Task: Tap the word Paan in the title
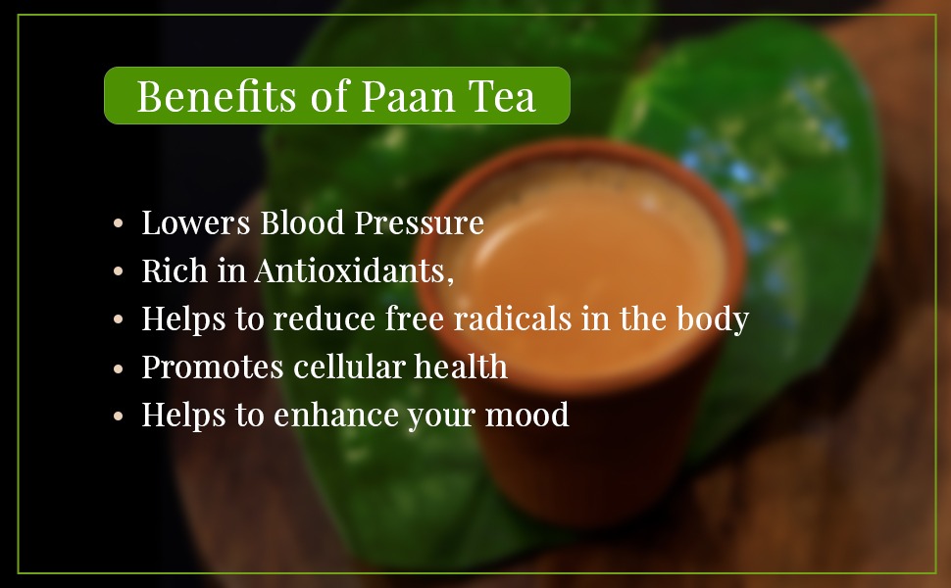click(400, 96)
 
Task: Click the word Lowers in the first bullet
click(196, 223)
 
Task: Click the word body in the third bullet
click(715, 319)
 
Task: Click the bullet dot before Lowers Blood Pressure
click(119, 224)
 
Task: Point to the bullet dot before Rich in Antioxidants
click(119, 272)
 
